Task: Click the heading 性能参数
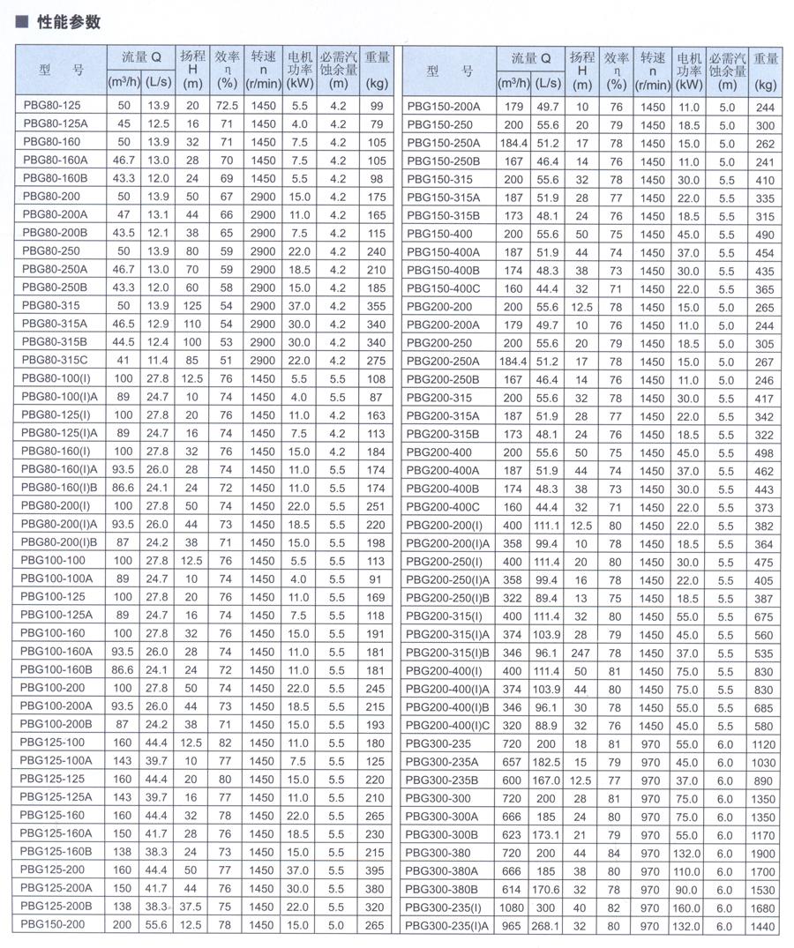coord(69,22)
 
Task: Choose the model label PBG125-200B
coord(56,906)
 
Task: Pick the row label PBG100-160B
coord(56,669)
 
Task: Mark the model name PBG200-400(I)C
coord(449,725)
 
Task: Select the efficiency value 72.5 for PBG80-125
coord(228,106)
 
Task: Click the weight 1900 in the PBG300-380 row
coord(764,852)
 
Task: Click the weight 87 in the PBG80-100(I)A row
coord(378,397)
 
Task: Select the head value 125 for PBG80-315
coord(192,305)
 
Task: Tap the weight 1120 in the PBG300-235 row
coord(764,743)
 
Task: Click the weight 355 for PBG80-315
coord(378,305)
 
